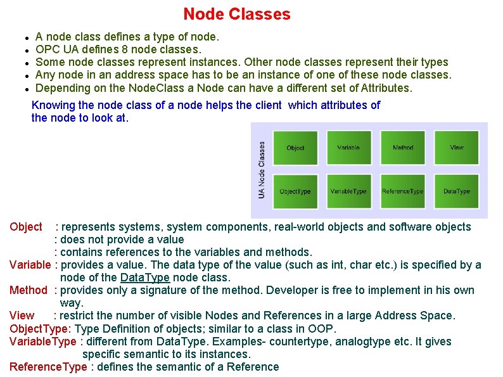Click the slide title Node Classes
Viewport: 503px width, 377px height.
coord(236,14)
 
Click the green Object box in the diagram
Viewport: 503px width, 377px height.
coord(295,147)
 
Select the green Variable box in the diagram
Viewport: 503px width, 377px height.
coord(348,147)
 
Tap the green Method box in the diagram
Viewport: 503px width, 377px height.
coord(403,147)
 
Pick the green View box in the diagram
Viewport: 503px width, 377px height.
coord(457,147)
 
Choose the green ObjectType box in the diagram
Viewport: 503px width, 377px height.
coord(295,191)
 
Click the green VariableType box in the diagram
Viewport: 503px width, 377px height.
coord(348,191)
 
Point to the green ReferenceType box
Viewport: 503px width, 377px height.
coord(403,191)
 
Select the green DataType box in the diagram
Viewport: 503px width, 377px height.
coord(457,191)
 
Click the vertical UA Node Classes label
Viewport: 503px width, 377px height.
coord(262,169)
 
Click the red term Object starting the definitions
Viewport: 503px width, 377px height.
coord(26,227)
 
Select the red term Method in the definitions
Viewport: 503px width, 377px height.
coord(29,290)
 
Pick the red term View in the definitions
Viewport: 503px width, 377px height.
coord(22,316)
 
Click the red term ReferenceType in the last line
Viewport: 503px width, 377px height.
coord(48,367)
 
